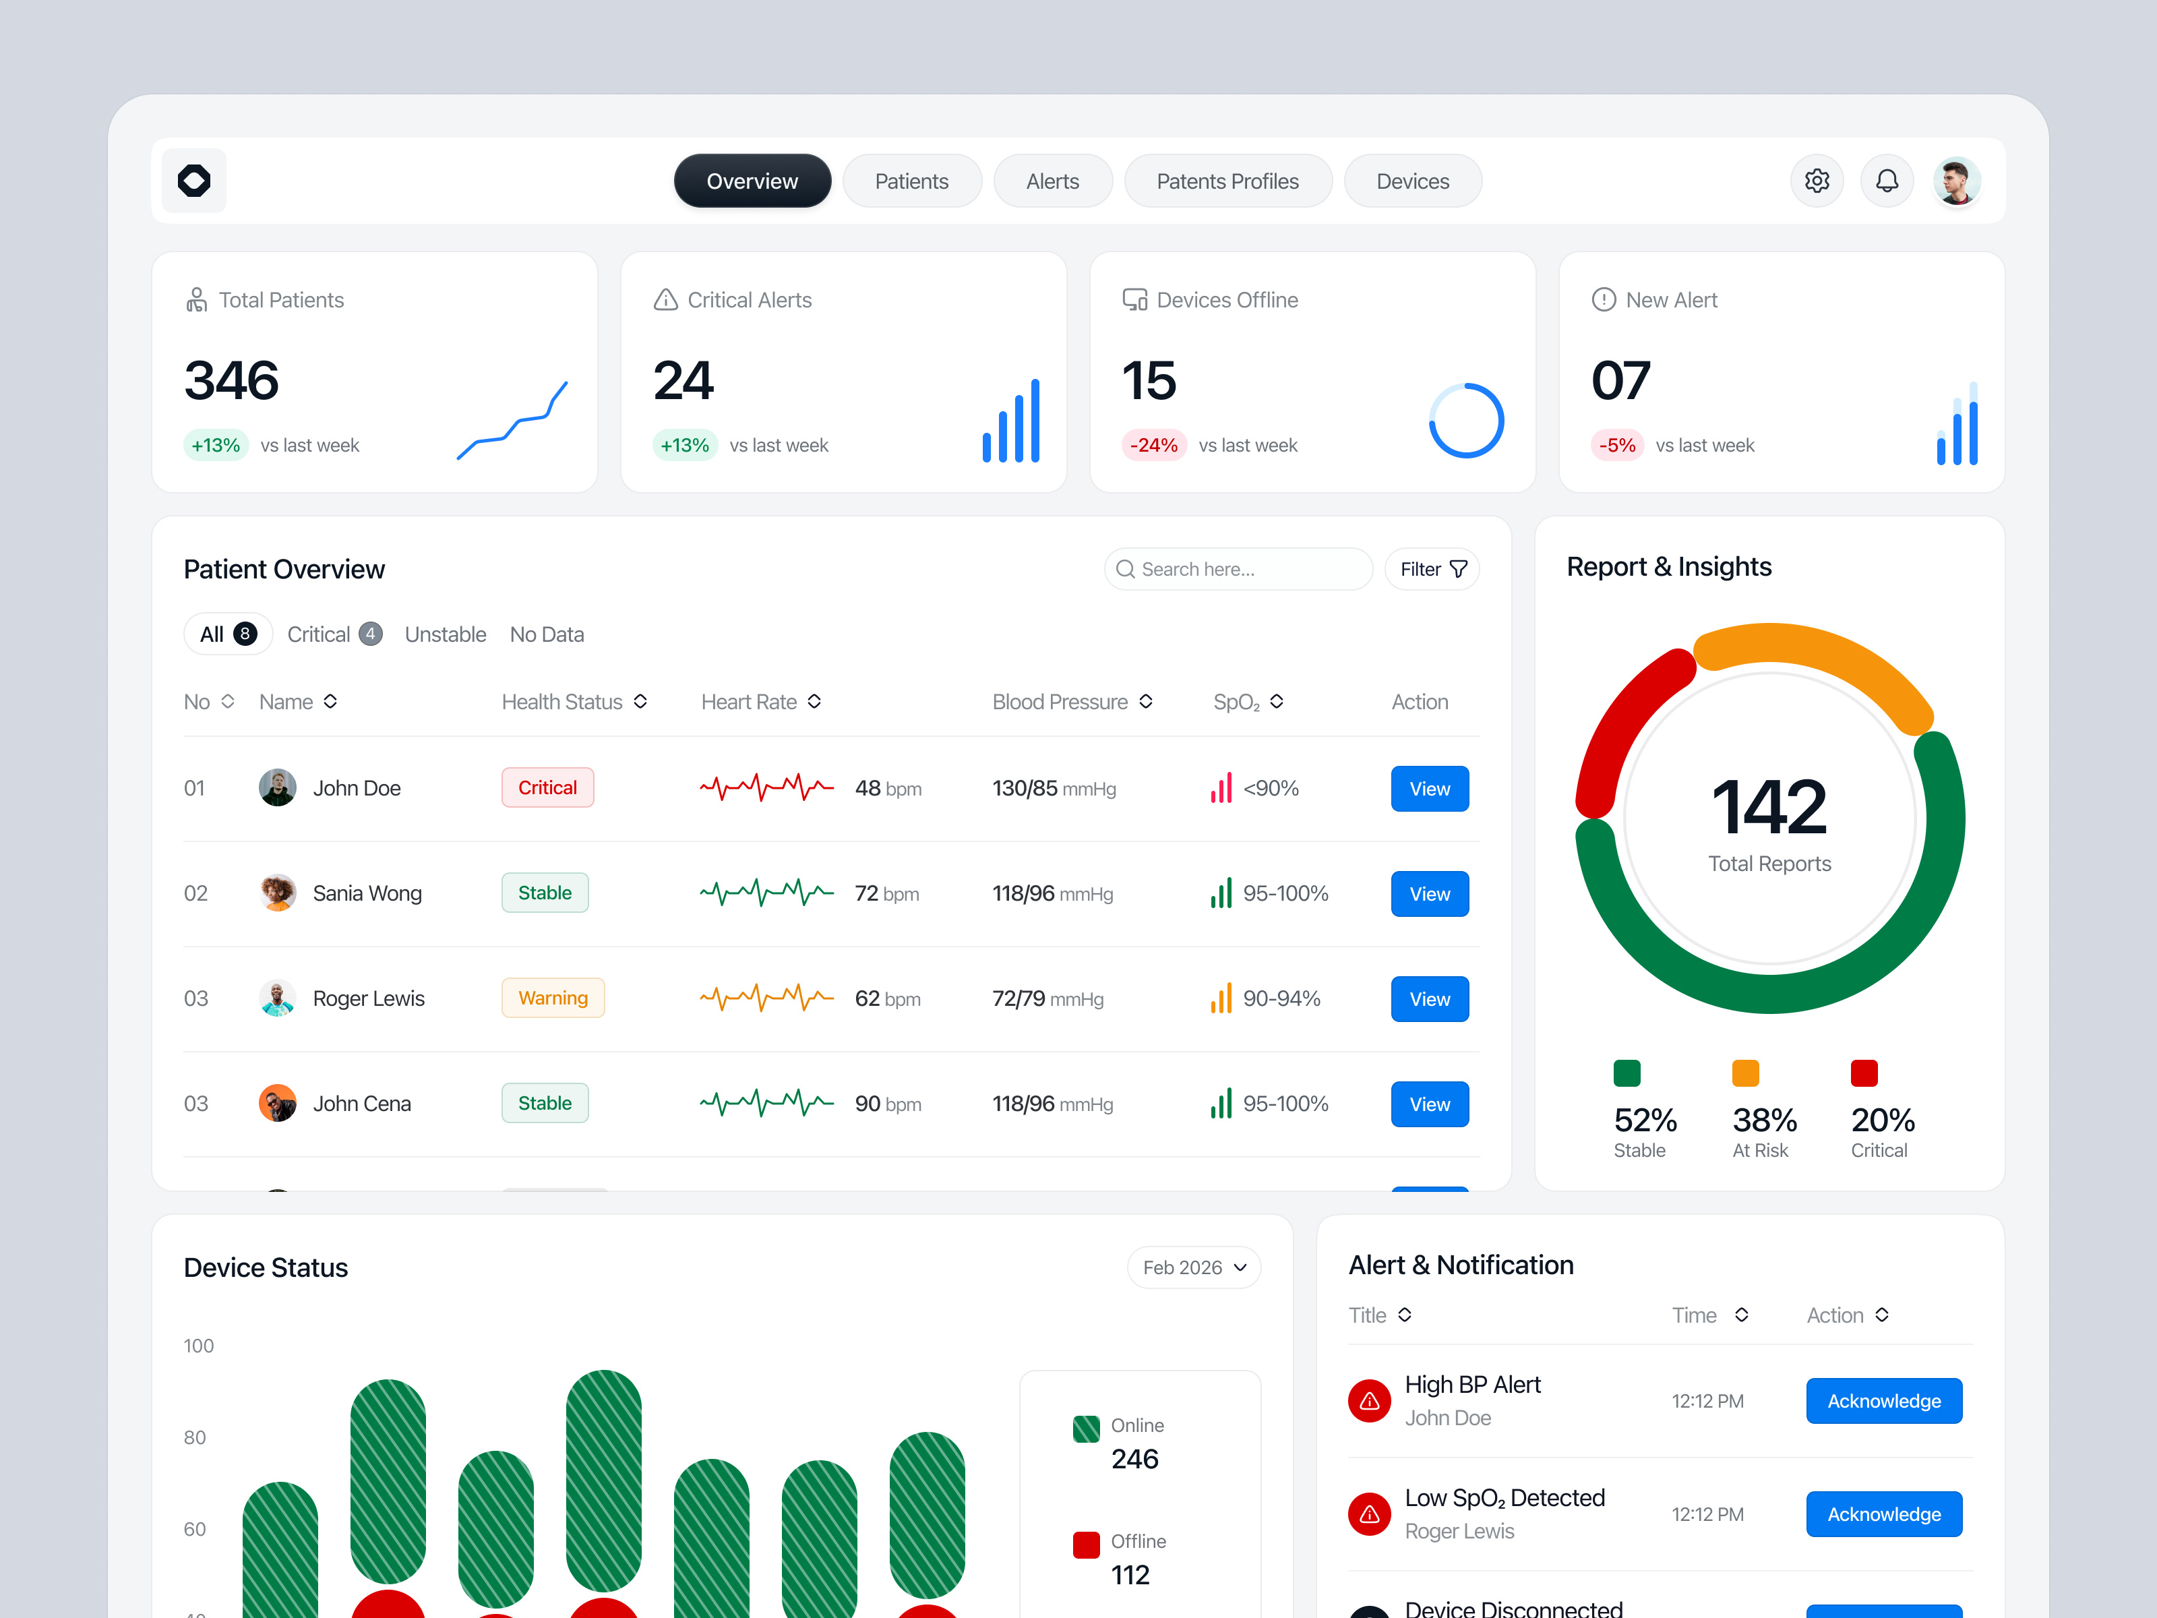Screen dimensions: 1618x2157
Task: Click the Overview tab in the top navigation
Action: pos(752,181)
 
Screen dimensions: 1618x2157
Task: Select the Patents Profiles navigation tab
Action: pos(1227,181)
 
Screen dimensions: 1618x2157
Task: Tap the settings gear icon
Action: pos(1816,181)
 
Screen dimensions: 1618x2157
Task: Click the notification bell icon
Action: pos(1887,181)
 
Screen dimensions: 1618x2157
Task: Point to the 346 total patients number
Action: pos(232,380)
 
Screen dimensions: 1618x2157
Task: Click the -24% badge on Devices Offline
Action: pos(1153,446)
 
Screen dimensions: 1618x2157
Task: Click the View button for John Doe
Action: pos(1428,789)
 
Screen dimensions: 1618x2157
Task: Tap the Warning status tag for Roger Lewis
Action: pos(553,998)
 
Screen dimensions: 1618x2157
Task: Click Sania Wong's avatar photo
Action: pos(278,893)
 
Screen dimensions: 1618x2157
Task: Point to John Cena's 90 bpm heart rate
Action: pos(887,1104)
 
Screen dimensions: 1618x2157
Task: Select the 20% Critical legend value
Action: pos(1882,1120)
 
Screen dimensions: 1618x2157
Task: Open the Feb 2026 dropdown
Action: pos(1194,1268)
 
